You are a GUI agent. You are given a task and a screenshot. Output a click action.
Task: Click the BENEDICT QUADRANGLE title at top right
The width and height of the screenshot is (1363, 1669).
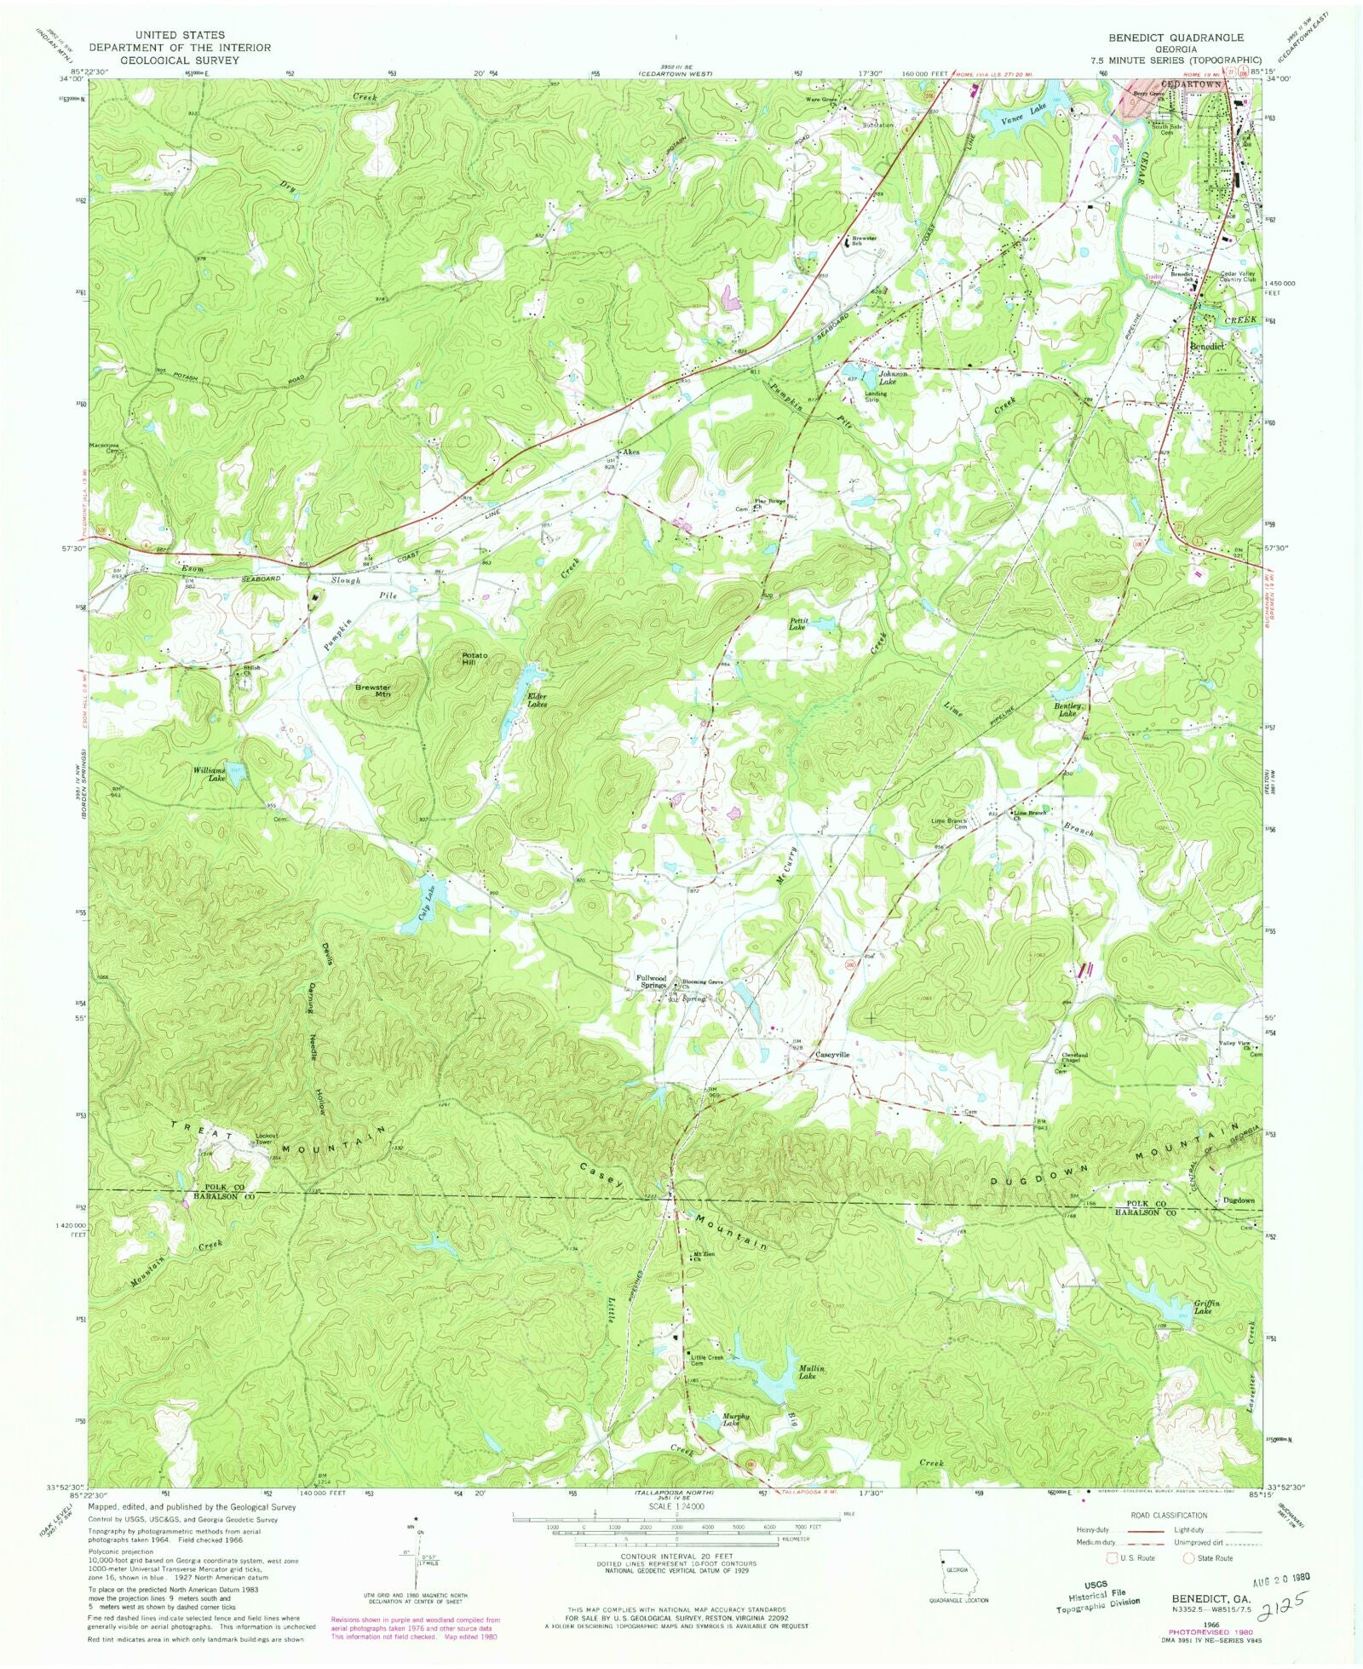pyautogui.click(x=1176, y=37)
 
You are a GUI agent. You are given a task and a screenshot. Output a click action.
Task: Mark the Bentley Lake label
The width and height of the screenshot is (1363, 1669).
pyautogui.click(x=1068, y=710)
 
